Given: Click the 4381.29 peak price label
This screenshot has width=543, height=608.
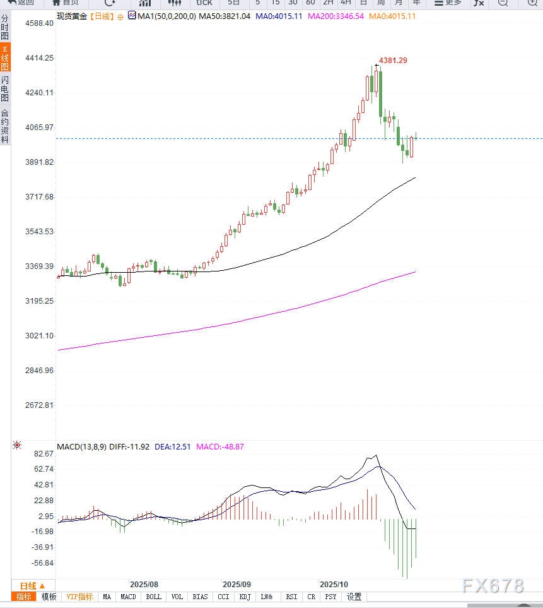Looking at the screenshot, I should [393, 61].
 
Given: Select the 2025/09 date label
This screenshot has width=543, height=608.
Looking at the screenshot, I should [237, 585].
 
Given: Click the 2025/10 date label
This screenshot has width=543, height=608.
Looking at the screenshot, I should [334, 585].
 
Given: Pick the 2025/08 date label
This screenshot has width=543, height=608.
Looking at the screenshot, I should [144, 585].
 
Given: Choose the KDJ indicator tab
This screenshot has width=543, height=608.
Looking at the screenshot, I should [245, 597].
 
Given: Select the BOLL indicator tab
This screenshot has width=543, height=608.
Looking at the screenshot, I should [153, 597].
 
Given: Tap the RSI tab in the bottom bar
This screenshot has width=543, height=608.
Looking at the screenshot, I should [291, 597].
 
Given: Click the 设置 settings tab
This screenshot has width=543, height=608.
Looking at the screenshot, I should [354, 597].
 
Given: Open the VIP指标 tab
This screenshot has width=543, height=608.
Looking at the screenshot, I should [79, 597].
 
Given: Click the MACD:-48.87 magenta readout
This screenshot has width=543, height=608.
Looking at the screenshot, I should [220, 446].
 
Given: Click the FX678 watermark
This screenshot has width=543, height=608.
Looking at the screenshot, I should [493, 586].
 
